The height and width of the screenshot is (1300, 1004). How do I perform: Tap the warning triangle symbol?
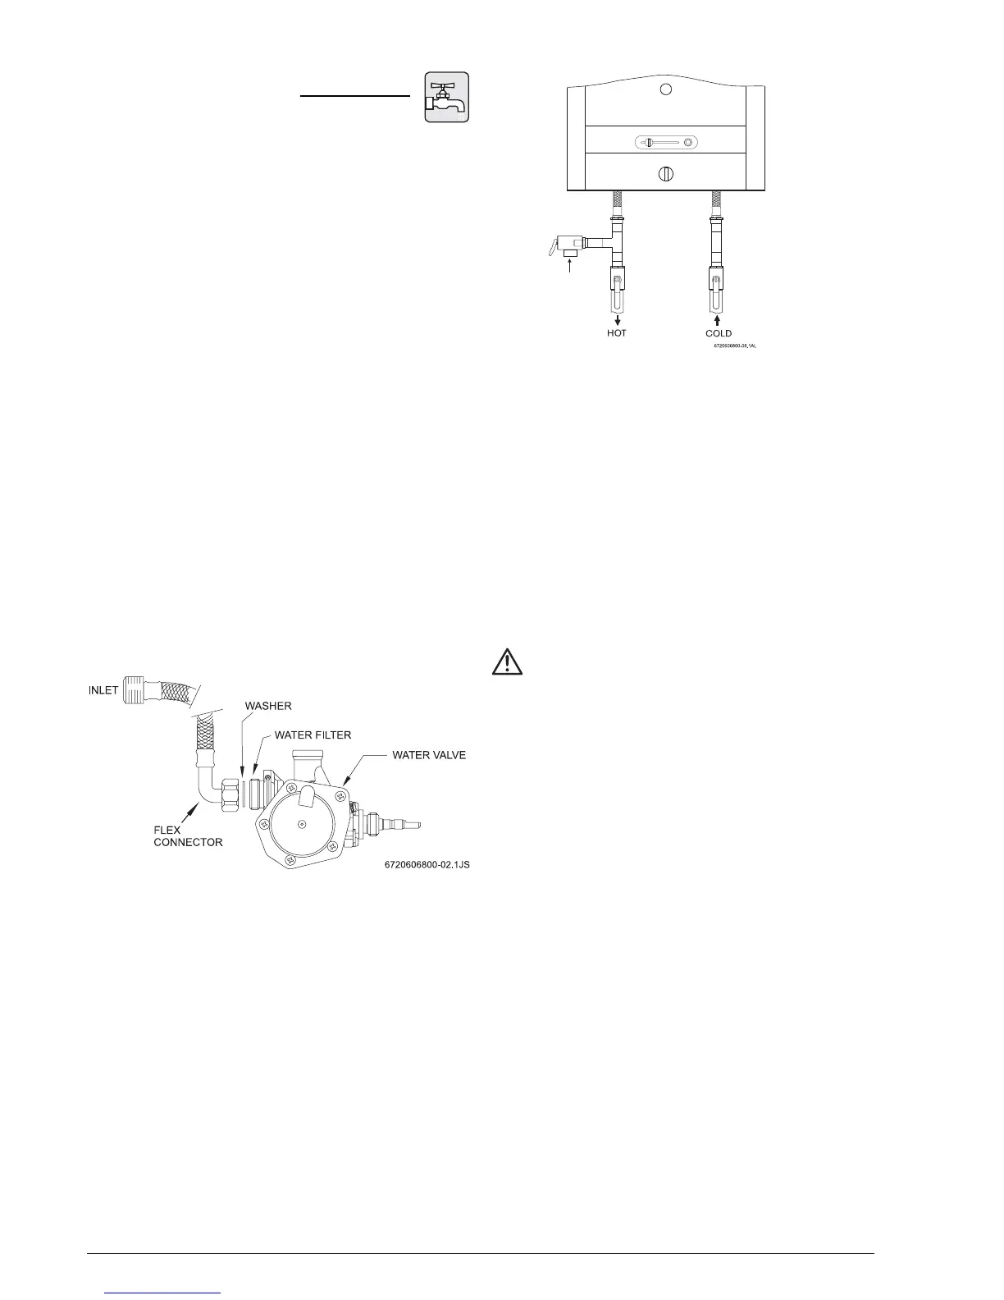(509, 661)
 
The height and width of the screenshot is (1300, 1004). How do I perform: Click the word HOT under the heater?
(617, 333)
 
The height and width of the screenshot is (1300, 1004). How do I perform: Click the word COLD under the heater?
(719, 333)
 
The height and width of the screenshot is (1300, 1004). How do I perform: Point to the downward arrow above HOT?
(617, 320)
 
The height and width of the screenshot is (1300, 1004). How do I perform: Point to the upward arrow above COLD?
(718, 319)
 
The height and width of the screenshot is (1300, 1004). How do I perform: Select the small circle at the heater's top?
(666, 89)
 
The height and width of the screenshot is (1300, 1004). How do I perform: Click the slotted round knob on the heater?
(666, 174)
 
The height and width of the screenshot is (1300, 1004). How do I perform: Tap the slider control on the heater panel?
(666, 143)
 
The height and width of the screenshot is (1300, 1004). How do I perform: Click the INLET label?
(103, 691)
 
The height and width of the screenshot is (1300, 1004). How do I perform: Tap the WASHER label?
(268, 706)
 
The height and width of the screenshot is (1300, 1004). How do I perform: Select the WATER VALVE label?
(429, 754)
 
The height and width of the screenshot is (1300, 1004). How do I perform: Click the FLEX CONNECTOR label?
(188, 836)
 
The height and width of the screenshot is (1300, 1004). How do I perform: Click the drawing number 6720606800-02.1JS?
(427, 864)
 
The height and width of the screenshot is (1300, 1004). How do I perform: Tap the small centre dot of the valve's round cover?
(303, 823)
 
